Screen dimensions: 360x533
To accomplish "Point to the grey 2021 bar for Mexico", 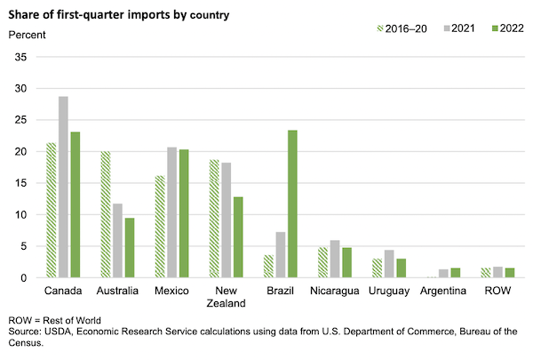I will [171, 212].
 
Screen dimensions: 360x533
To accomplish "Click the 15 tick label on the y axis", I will [22, 183].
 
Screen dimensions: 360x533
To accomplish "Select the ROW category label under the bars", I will [497, 291].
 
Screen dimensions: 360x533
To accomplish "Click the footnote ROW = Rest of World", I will [54, 319].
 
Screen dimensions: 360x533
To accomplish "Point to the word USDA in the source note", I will [61, 332].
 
